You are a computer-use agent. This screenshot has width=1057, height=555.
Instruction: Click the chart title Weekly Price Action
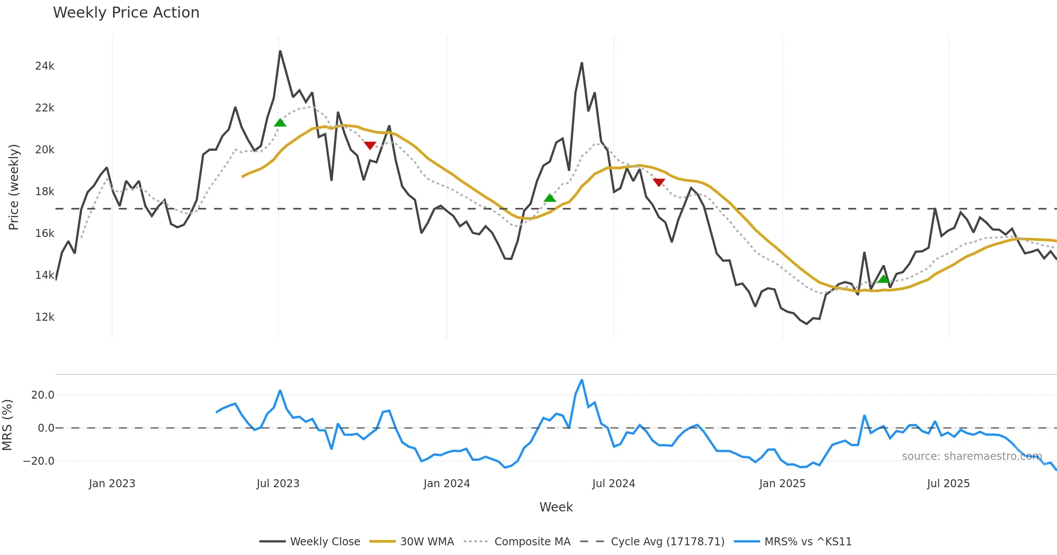point(126,13)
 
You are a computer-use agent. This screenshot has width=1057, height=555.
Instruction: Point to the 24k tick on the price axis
point(44,66)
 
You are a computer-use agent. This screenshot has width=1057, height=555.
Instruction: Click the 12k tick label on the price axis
point(44,317)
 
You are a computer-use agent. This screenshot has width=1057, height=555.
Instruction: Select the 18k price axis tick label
point(44,192)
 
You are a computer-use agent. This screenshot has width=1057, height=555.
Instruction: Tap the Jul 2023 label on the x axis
point(278,484)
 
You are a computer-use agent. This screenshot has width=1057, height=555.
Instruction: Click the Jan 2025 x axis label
point(782,484)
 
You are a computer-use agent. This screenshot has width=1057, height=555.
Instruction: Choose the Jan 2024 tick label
point(447,484)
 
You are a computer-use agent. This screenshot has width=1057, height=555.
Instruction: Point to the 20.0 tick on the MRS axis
point(43,395)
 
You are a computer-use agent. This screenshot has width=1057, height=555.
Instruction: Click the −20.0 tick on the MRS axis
point(39,461)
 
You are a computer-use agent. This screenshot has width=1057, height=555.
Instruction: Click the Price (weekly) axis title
point(14,187)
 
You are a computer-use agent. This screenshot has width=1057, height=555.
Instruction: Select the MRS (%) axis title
point(7,425)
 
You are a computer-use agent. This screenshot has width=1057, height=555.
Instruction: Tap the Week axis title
point(556,507)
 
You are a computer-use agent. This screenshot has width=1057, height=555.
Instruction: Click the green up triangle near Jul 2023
point(280,122)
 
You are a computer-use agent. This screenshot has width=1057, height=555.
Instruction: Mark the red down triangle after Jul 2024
point(659,182)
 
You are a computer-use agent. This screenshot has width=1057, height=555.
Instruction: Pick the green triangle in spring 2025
point(883,279)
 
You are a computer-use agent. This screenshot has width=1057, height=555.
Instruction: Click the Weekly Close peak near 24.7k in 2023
point(280,51)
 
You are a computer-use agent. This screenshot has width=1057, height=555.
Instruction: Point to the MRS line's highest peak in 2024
point(582,380)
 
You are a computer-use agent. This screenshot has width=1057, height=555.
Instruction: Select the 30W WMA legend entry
point(412,541)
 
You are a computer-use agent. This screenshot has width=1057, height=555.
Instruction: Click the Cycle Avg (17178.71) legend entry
point(652,541)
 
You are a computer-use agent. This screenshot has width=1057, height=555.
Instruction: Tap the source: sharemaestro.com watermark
point(972,456)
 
